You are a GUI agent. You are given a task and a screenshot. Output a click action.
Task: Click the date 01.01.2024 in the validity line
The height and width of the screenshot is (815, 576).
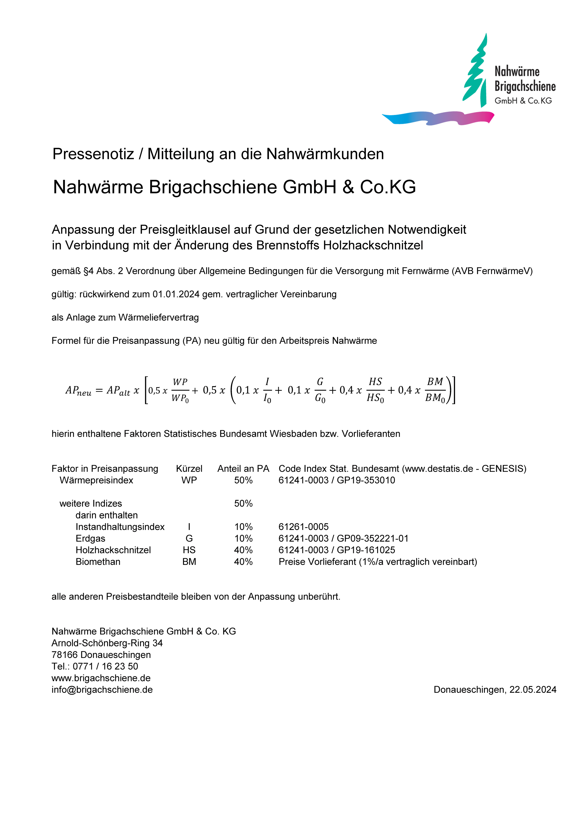click(x=176, y=294)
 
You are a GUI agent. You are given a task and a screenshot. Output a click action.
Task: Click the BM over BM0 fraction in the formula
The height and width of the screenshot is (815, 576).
click(x=435, y=390)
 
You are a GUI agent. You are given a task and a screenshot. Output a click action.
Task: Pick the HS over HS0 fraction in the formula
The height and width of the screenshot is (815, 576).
click(x=375, y=390)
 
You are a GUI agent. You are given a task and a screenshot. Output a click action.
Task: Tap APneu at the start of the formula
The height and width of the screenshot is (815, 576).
click(x=78, y=391)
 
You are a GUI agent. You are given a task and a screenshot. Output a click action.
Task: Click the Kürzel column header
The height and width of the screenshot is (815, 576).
click(x=189, y=469)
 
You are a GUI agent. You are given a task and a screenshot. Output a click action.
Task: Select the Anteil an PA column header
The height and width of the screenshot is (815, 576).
click(x=243, y=469)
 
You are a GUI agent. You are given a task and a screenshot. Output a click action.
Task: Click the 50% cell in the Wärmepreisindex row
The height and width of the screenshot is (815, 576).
click(x=243, y=480)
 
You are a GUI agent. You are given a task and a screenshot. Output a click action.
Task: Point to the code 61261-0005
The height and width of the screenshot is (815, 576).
click(x=303, y=527)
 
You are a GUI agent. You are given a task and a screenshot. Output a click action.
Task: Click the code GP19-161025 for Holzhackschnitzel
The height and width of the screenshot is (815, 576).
click(x=366, y=550)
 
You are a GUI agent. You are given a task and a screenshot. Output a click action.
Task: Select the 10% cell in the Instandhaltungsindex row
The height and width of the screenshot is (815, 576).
click(x=243, y=527)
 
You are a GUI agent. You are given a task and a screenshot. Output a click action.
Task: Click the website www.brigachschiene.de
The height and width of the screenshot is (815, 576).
click(x=101, y=678)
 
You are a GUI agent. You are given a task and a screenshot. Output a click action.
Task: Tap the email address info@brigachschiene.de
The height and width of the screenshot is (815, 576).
click(x=102, y=690)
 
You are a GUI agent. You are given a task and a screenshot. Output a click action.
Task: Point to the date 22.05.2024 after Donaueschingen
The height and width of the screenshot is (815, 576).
click(x=533, y=690)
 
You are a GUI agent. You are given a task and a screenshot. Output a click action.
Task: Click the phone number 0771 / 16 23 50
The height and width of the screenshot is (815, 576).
click(x=105, y=666)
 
